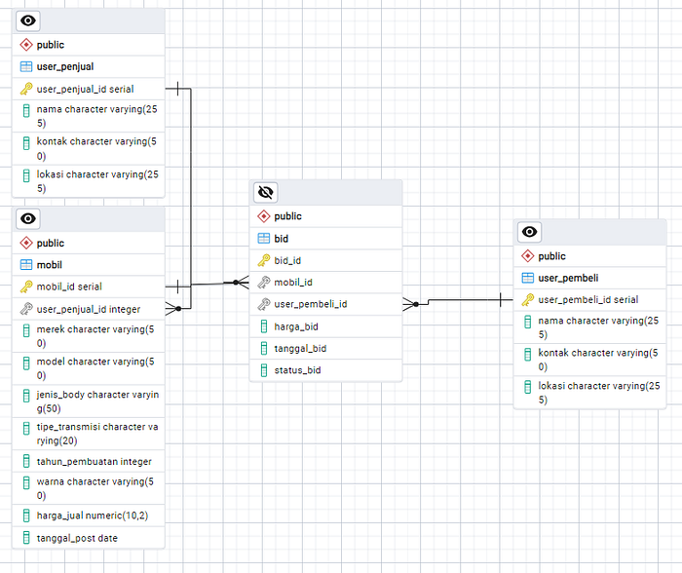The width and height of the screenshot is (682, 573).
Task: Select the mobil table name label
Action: [x=50, y=264]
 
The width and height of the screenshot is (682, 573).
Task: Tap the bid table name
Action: [x=281, y=238]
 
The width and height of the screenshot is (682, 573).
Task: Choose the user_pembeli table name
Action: [x=568, y=278]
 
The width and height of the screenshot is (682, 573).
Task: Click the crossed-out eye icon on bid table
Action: [x=266, y=192]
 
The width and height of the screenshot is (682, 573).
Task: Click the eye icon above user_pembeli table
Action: [x=529, y=232]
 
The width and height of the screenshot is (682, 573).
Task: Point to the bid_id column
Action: [x=287, y=260]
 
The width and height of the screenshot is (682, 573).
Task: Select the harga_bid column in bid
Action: [x=295, y=326]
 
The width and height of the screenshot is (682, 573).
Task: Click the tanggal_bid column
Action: [x=300, y=348]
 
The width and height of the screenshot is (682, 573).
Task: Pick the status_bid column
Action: [x=297, y=370]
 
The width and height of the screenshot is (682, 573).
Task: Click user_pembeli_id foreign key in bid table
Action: [x=310, y=304]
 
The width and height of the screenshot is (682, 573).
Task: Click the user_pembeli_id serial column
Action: [x=587, y=299]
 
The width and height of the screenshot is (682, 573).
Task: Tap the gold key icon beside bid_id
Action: [x=263, y=260]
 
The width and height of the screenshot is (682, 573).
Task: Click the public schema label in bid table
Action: [x=287, y=216]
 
